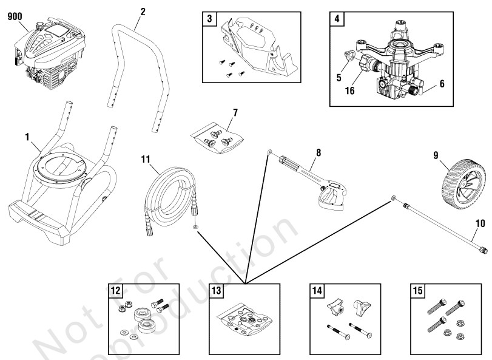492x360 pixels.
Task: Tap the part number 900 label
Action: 15,16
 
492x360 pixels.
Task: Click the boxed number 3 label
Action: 209,18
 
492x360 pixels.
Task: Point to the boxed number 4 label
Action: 336,18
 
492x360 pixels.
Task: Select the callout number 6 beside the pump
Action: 442,84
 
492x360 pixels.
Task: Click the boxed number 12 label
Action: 115,291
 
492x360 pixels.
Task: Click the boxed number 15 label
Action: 418,291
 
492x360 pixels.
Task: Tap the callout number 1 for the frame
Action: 27,137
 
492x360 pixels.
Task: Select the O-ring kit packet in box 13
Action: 246,320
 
